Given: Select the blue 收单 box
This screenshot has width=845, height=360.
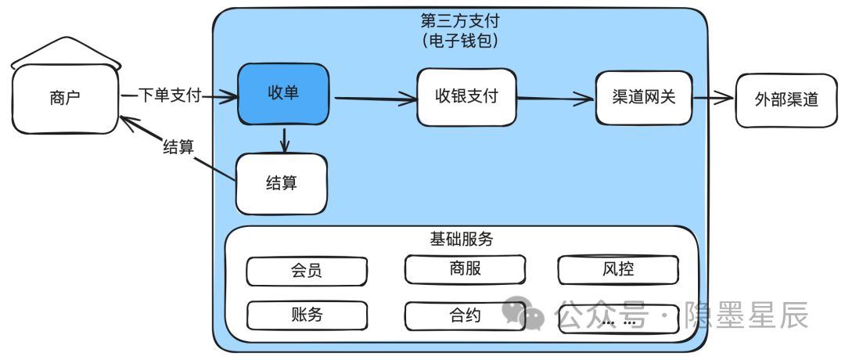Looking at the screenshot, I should [x=283, y=94].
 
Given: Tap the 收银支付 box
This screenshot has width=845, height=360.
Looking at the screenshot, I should [x=466, y=97].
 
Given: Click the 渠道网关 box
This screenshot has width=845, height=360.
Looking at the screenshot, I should [x=643, y=98].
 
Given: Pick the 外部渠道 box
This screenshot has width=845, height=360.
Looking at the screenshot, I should [x=786, y=99].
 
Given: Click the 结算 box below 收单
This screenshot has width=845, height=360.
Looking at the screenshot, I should [x=282, y=184].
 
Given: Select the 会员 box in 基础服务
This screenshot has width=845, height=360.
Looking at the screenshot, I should [x=307, y=272].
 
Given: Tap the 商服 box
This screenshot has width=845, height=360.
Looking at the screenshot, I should [x=465, y=269].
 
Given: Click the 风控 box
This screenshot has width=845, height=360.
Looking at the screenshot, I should [x=617, y=269].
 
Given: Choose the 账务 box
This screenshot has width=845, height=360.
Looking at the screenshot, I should [x=307, y=315].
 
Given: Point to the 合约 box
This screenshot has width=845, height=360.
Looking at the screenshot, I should [x=465, y=315].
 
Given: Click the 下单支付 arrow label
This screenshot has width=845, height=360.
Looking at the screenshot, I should [x=170, y=95].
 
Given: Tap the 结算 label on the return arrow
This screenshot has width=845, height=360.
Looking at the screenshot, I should [x=178, y=146].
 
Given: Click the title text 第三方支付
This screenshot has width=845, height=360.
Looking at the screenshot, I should [x=458, y=20].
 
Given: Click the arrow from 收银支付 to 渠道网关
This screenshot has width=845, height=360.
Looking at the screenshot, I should [x=555, y=98].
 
